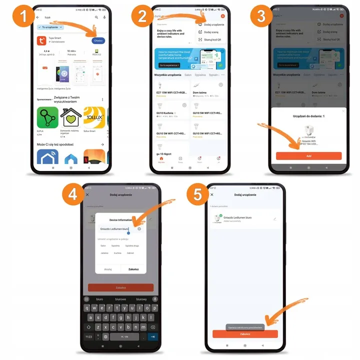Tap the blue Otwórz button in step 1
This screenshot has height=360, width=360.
pos(98,40)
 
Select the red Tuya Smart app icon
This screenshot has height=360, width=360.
pos(41,40)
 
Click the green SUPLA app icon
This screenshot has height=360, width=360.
pos(47,117)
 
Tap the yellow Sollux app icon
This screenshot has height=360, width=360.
pos(93,117)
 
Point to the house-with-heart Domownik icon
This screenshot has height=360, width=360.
pos(70,117)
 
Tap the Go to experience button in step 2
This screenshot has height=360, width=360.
pos(169,65)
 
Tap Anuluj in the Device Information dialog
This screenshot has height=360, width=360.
pos(107,269)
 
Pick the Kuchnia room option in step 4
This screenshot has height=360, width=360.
pos(117,253)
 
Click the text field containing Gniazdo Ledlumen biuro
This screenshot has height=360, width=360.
pos(115,229)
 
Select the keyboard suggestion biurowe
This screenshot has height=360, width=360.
pos(120,298)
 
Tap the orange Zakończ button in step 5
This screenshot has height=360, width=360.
pos(244,333)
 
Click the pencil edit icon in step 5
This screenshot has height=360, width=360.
pos(274,218)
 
